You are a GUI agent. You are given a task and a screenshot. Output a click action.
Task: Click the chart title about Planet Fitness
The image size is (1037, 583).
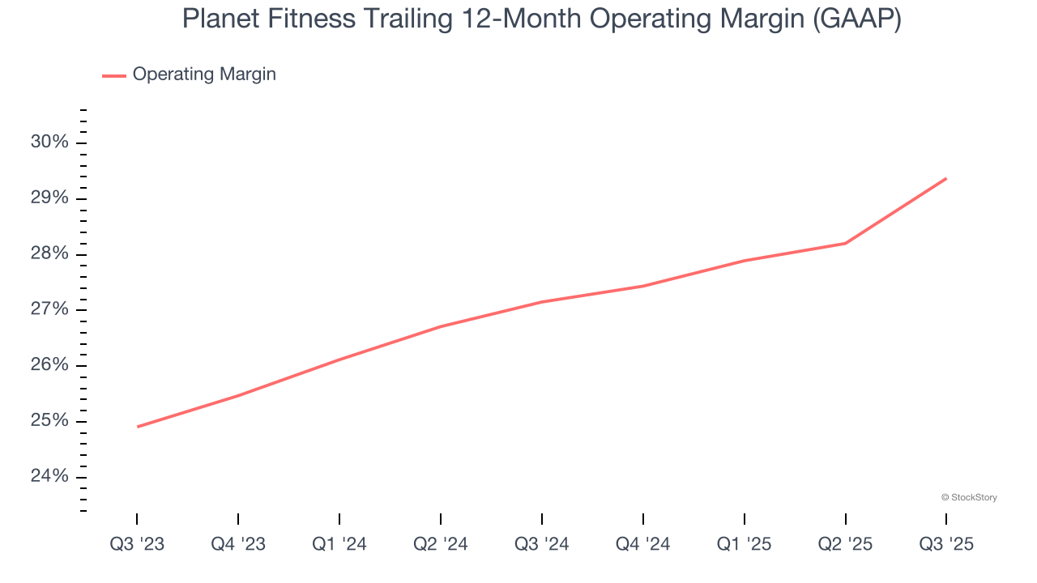(x=541, y=19)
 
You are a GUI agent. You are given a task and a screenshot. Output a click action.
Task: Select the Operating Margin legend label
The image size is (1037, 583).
(x=204, y=74)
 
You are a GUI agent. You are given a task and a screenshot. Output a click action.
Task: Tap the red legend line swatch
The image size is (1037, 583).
(x=114, y=75)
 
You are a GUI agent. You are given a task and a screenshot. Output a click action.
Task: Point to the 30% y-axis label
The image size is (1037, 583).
(x=50, y=143)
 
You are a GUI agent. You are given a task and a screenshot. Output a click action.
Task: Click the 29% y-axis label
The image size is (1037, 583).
(x=50, y=198)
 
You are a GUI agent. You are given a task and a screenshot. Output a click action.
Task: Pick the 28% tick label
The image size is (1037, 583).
(x=50, y=254)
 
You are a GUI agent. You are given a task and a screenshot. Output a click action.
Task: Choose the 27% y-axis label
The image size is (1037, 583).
(x=50, y=309)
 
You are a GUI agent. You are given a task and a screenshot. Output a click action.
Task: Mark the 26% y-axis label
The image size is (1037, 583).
(x=50, y=365)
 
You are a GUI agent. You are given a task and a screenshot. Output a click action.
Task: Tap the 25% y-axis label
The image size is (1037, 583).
(x=50, y=421)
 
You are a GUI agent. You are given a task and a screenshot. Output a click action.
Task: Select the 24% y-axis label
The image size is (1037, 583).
(x=50, y=476)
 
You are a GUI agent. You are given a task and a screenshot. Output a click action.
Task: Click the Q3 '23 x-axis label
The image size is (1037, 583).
(x=137, y=544)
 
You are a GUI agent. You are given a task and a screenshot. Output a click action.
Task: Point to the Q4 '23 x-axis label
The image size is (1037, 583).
(x=238, y=544)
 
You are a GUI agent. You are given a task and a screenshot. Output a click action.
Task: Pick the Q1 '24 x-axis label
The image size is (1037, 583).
(x=339, y=544)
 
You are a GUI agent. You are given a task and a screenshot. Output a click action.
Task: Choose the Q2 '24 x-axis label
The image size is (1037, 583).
(x=441, y=544)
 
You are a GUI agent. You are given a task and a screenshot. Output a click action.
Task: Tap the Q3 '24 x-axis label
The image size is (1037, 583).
(x=542, y=544)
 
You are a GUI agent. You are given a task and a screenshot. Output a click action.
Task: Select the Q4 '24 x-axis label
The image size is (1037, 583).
(x=643, y=544)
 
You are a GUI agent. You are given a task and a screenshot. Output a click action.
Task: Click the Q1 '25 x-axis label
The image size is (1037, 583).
(x=745, y=544)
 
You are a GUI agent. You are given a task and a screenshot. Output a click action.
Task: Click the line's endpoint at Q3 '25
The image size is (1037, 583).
(x=946, y=178)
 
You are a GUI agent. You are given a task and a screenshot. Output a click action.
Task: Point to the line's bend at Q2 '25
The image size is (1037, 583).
(x=846, y=243)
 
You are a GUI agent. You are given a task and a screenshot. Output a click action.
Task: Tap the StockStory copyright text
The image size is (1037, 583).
(x=969, y=497)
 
